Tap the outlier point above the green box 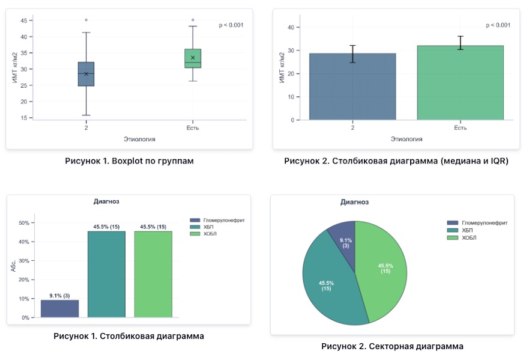coord(193,20)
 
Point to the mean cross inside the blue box coord(86,74)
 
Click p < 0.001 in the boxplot coord(231,25)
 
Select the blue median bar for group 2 coord(352,87)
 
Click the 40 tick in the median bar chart coord(290,27)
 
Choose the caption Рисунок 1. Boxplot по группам coord(129,161)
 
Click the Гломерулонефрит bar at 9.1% coord(59,308)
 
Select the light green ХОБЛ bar coord(153,273)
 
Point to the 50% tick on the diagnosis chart coord(25,223)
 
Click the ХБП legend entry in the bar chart coord(201,227)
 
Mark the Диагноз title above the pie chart coord(354,202)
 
